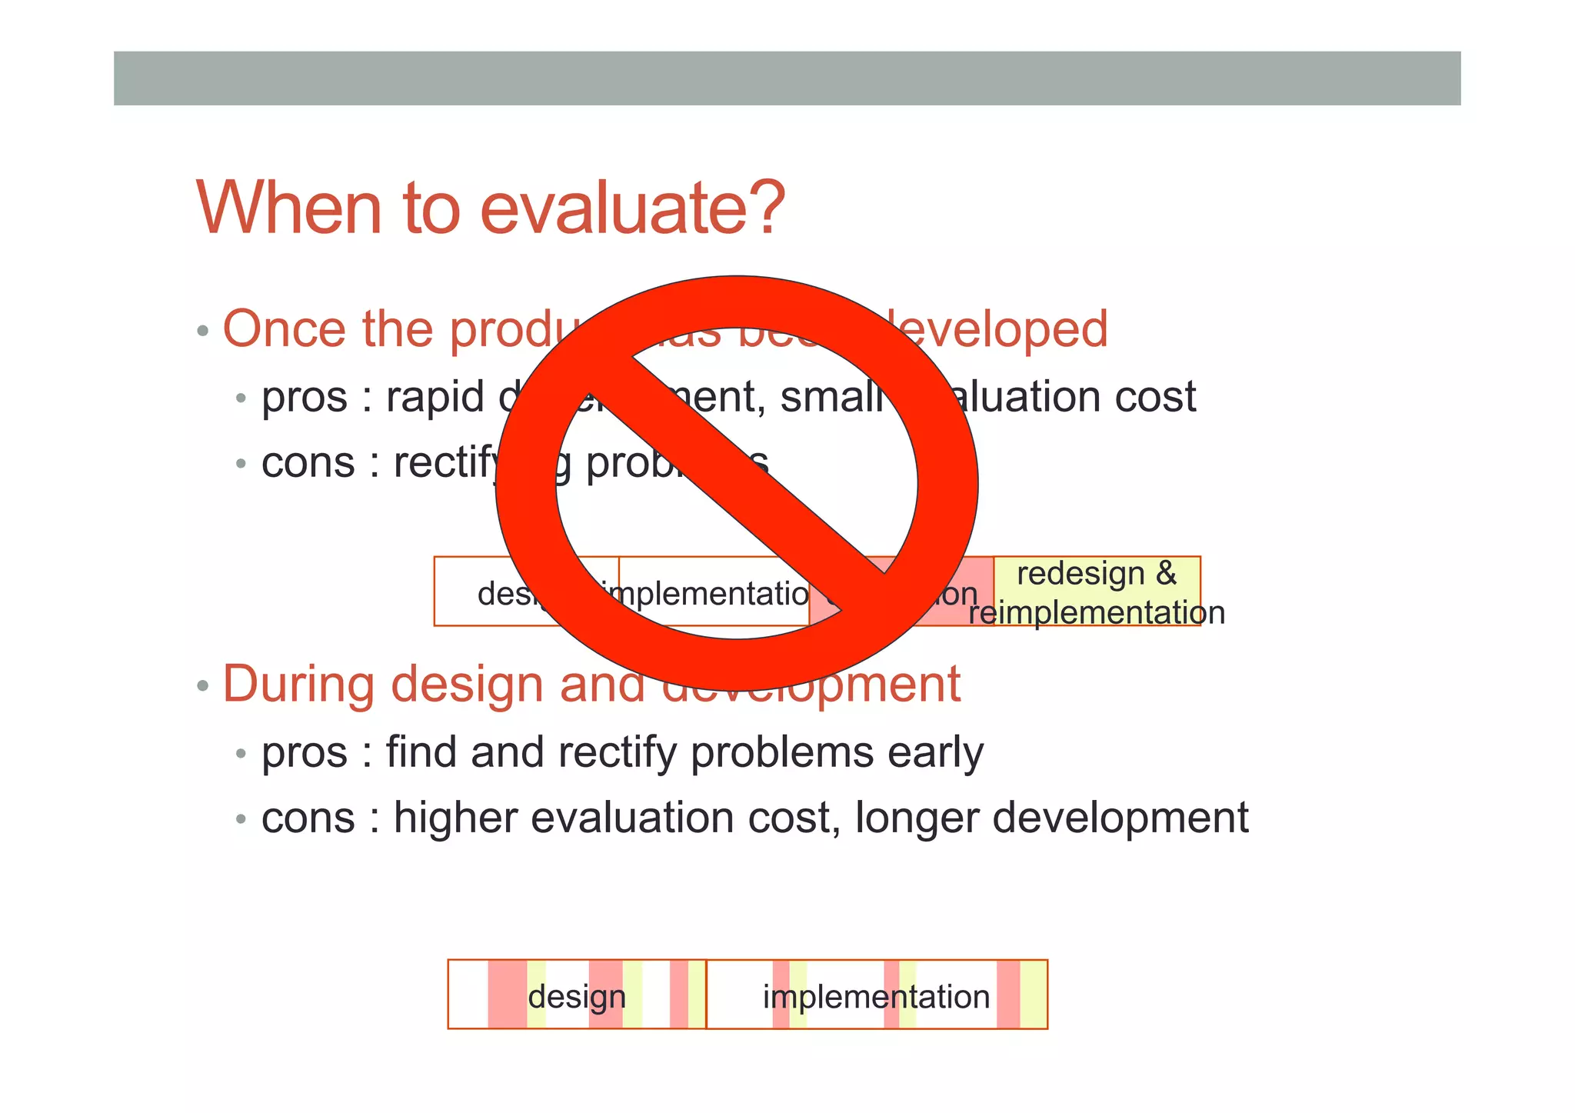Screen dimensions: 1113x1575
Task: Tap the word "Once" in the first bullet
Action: tap(285, 329)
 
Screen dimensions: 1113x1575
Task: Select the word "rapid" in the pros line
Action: tap(435, 397)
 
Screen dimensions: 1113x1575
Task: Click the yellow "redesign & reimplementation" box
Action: tap(1097, 591)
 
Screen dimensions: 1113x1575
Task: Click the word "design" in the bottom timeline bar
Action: tap(577, 997)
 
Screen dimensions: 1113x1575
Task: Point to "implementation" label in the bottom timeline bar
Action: tap(876, 997)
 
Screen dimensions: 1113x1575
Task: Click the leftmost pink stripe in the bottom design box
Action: tap(507, 995)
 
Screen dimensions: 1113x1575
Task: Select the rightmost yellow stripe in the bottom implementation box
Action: tap(1033, 995)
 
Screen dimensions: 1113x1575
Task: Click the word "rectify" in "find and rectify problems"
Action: tap(618, 752)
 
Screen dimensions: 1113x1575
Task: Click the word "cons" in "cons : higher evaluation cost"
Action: tap(308, 818)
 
